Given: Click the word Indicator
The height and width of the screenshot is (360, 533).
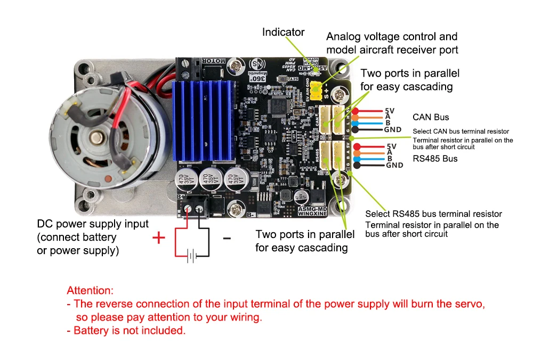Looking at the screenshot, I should coord(283,32).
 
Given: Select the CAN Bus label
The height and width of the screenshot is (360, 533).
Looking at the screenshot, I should coord(431,117).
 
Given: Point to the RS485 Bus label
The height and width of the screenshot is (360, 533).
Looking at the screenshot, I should coord(435,159).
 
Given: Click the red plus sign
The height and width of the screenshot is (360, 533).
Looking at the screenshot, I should coord(158,238).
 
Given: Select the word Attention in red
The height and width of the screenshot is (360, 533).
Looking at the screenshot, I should coord(90,291).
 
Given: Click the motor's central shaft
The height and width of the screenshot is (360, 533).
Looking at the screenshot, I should coord(96,138).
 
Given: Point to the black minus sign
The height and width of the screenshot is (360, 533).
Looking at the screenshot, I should coord(227,238).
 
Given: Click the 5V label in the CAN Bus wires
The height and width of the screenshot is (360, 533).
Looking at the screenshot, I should coord(389,111).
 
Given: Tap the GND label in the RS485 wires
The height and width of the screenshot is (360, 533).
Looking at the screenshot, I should coord(394,165).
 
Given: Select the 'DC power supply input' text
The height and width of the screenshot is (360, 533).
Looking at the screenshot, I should coord(93,224).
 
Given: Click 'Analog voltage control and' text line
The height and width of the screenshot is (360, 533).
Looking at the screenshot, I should coord(392,37).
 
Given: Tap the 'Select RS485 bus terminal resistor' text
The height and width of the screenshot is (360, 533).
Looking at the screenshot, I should coord(433,214).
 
